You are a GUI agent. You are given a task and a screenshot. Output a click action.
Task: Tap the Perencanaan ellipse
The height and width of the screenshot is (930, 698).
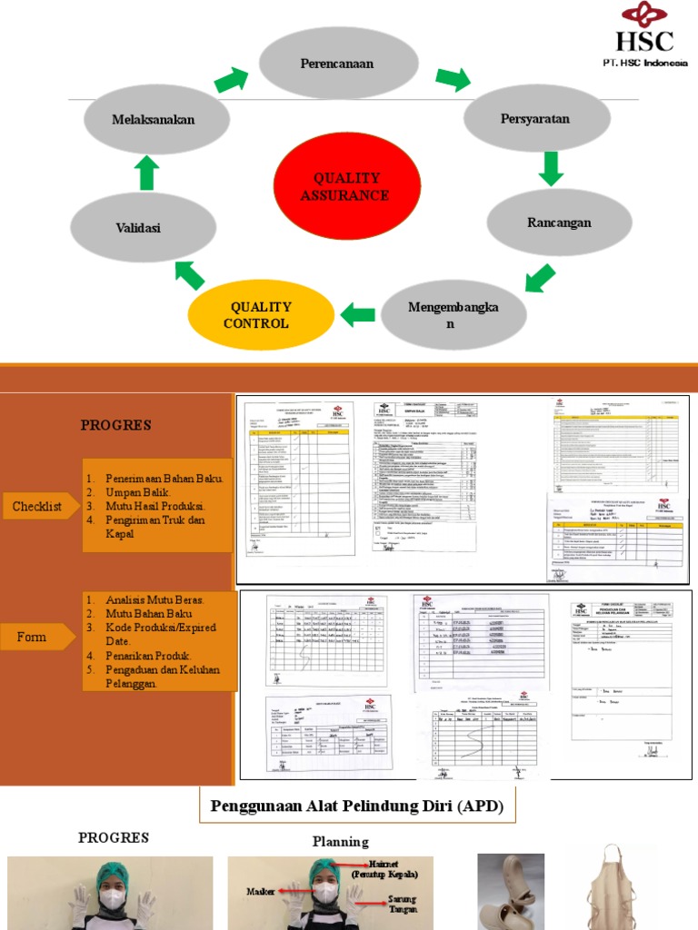coord(338,63)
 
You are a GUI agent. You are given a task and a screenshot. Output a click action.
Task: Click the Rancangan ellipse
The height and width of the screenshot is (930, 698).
coord(559,223)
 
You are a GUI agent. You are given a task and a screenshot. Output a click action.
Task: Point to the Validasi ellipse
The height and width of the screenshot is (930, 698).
coord(137,228)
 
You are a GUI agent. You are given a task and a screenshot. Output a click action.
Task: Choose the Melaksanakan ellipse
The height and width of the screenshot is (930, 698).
coord(153,119)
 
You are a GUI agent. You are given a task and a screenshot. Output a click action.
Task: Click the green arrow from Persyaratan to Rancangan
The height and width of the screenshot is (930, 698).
coord(550,169)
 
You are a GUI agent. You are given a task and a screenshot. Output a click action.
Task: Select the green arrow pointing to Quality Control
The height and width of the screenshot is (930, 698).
coord(358,315)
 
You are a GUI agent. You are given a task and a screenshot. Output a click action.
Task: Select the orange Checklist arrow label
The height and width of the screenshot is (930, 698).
coord(38,507)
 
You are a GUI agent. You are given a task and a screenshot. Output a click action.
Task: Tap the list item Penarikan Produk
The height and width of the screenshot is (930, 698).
coord(148,656)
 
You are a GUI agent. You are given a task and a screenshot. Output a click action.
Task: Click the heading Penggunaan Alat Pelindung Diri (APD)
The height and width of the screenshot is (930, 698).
coord(357,806)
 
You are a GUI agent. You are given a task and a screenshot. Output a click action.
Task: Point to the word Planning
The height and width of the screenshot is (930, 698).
coord(341,842)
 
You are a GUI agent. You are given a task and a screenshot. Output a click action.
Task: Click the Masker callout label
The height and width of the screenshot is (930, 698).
coord(261,891)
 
